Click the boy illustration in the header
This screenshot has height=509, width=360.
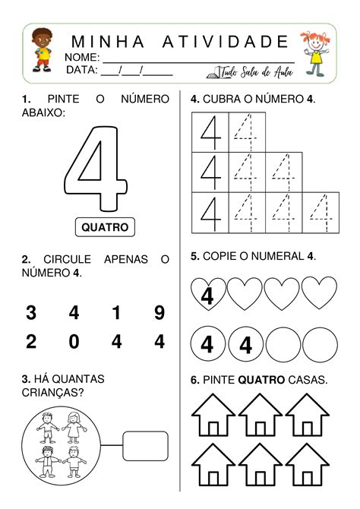(x=43, y=52)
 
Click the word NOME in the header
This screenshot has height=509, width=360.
(x=82, y=58)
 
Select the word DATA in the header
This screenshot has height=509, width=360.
(x=82, y=70)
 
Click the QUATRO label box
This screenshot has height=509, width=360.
(x=105, y=226)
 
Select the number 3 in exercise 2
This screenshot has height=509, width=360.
(x=31, y=312)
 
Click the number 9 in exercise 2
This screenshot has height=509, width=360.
(x=159, y=312)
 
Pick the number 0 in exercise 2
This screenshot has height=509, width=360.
(x=74, y=343)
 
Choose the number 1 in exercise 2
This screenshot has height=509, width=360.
(x=116, y=312)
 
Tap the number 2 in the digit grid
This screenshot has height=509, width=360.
(x=31, y=343)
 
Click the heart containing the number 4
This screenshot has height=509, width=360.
(x=207, y=294)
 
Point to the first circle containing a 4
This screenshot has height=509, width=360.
(x=207, y=346)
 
